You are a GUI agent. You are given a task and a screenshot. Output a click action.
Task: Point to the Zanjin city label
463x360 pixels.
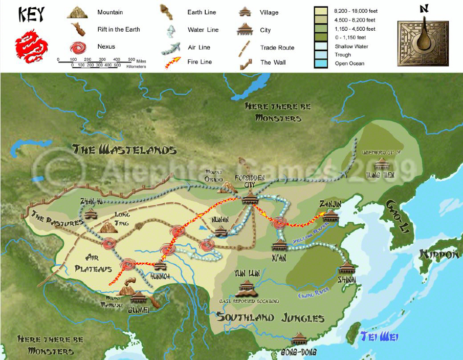click(x=329, y=204)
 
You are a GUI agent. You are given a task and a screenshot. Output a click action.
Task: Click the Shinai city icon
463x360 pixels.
click(x=347, y=267)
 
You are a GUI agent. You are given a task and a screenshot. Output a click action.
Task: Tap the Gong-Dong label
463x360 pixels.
click(x=299, y=352)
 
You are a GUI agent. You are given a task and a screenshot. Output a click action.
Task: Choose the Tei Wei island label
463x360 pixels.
click(x=379, y=336)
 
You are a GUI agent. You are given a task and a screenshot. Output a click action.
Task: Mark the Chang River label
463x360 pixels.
click(x=314, y=293)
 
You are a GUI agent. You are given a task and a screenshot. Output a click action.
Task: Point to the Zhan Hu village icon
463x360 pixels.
click(x=91, y=214)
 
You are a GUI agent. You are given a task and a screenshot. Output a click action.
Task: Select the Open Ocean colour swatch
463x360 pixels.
click(x=321, y=63)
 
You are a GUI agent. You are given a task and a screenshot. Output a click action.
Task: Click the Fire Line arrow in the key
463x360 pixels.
click(x=171, y=62)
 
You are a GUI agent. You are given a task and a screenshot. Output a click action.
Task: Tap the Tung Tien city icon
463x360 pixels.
click(x=381, y=164)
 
